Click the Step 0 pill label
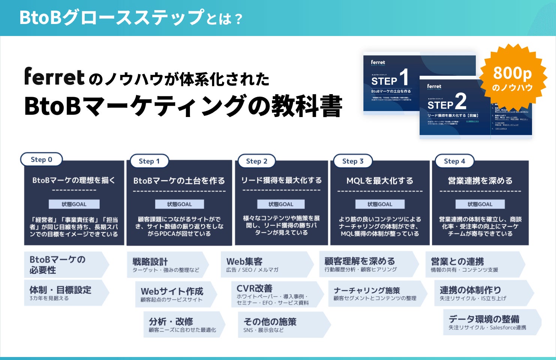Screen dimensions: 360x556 point(41,159)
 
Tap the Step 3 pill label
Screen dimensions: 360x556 point(353,161)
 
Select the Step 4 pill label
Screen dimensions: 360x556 point(454,161)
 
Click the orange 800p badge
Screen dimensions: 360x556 point(512,78)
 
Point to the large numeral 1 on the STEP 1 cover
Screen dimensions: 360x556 point(404,77)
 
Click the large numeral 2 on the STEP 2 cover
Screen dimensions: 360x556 point(460,101)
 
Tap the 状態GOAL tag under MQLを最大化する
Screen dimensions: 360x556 point(380,204)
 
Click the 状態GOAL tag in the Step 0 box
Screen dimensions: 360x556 point(74,204)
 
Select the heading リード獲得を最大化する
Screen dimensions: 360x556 point(281,180)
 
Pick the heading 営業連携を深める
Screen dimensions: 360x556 point(480,181)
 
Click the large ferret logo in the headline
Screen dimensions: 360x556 point(55,76)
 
